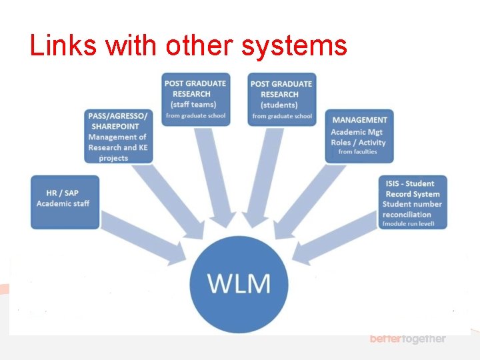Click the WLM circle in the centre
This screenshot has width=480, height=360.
point(239,283)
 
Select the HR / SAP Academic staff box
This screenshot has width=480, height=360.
point(65,201)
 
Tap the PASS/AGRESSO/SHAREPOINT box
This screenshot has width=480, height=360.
point(118,137)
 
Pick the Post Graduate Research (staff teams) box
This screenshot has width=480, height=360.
point(196,99)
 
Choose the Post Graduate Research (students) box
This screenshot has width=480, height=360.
point(281,99)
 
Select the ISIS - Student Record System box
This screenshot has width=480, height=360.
point(412,202)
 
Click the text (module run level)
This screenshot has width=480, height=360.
point(408,224)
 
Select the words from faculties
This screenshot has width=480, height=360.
point(357,152)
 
